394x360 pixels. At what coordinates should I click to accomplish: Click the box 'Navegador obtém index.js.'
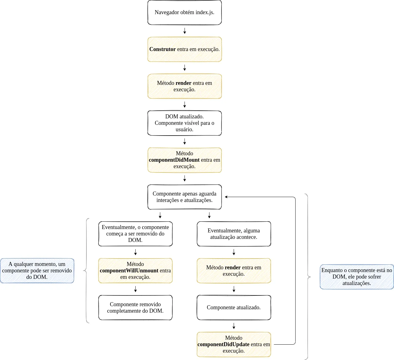(185, 12)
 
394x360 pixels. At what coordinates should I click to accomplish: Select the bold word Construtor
(162, 49)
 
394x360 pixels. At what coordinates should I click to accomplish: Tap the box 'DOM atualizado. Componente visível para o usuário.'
(185, 123)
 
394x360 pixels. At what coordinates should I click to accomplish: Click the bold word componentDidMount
(174, 160)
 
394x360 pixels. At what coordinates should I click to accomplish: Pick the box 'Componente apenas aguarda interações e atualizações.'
(185, 197)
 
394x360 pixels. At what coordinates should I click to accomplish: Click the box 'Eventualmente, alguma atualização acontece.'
(234, 234)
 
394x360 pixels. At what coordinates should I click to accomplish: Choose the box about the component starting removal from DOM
(135, 234)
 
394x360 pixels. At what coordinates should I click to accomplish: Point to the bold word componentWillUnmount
(129, 271)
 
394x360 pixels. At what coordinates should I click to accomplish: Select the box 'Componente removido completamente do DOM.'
(135, 307)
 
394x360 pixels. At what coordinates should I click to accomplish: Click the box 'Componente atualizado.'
(234, 307)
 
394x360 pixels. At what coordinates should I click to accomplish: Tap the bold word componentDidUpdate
(223, 344)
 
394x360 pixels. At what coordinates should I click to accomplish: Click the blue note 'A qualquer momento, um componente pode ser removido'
(37, 271)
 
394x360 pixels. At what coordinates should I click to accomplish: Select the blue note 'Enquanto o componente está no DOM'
(357, 277)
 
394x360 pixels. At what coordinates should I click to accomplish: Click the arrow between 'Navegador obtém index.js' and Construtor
(185, 31)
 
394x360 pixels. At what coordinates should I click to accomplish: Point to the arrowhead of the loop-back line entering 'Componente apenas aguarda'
(226, 197)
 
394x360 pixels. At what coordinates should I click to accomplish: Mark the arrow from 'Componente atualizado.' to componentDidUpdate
(234, 326)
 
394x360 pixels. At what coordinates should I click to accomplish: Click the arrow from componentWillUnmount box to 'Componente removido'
(135, 289)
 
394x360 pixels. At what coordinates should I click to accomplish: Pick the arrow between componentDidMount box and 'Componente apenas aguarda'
(185, 178)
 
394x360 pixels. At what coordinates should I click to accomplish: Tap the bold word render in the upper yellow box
(183, 83)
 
